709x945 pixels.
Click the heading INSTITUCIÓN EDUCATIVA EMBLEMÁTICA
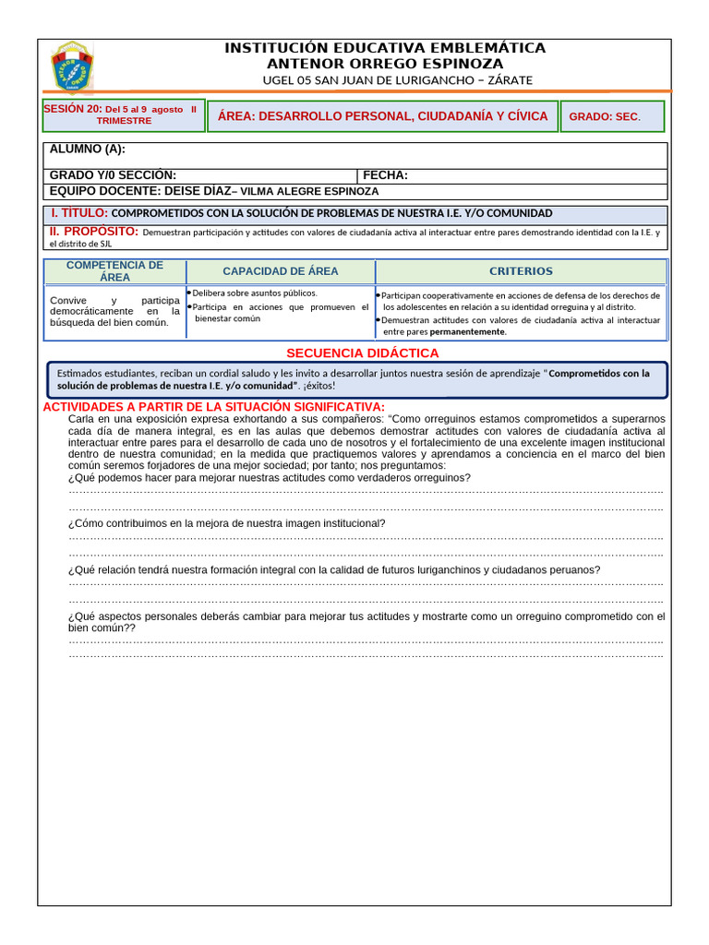pos(385,48)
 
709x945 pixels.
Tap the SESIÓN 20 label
pos(74,109)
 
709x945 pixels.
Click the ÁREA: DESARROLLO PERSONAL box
pos(382,116)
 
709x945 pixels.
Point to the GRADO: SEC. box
pos(604,117)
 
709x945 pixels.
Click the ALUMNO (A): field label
pos(88,150)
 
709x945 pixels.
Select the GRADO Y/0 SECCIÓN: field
pos(113,175)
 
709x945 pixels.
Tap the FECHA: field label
pos(385,175)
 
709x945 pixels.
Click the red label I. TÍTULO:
pos(79,213)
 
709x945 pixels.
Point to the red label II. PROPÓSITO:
pos(93,231)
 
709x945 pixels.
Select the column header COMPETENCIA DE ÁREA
pos(115,271)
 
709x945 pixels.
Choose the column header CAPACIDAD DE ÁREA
pos(281,271)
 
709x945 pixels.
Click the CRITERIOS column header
pos(521,271)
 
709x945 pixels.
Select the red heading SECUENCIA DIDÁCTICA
pos(362,353)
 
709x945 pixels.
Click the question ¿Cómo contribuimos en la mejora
pos(226,523)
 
